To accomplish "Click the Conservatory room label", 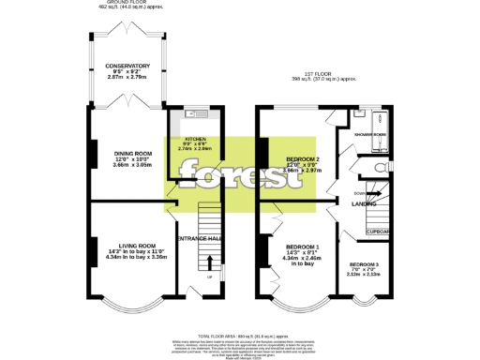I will (127, 67).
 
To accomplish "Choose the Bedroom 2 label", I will (304, 159).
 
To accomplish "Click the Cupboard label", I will (378, 231).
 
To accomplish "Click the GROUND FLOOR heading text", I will (127, 3).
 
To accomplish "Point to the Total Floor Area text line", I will (240, 336).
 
